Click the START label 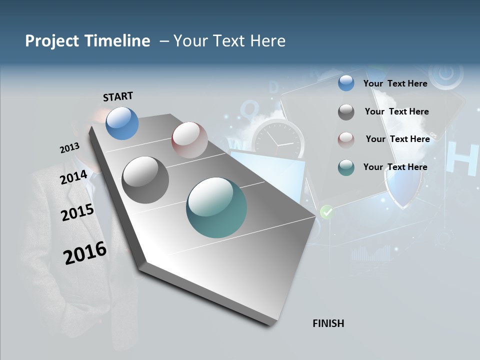tap(118, 96)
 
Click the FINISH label tap(328, 323)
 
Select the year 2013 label tap(69, 148)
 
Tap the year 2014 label tap(74, 177)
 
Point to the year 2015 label tap(77, 212)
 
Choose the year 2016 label tap(85, 252)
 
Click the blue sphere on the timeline tap(122, 123)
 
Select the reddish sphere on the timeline tap(189, 140)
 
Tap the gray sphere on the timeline tap(145, 180)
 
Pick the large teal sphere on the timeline tap(216, 207)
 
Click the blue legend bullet tap(346, 83)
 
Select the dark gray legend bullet tap(346, 112)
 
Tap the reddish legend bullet tap(346, 139)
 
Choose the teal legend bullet tap(346, 167)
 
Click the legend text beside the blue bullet tap(395, 83)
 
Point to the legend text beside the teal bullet tap(395, 167)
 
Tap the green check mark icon tap(326, 212)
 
